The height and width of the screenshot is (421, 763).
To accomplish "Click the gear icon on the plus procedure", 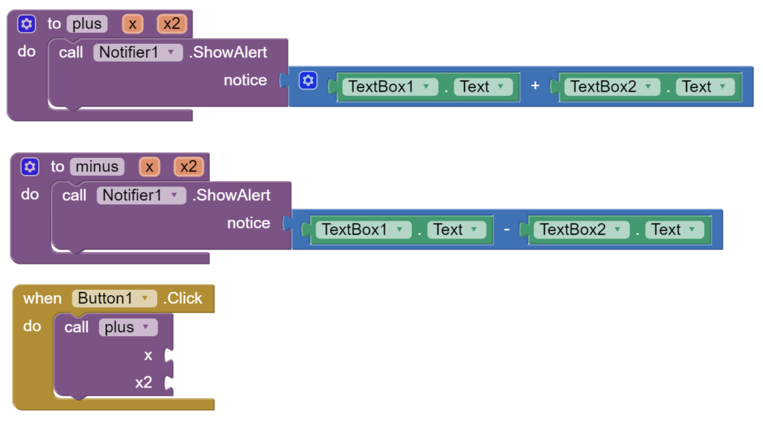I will pyautogui.click(x=27, y=24).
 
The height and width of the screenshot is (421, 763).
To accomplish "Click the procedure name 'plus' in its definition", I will pyautogui.click(x=86, y=24).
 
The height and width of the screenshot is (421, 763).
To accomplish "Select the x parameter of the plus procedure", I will pyautogui.click(x=133, y=24).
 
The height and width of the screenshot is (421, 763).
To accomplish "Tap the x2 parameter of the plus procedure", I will pyautogui.click(x=171, y=24).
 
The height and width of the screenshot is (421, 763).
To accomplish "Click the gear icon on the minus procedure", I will pyautogui.click(x=30, y=167).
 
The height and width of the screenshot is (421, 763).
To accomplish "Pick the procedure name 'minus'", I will pyautogui.click(x=97, y=167).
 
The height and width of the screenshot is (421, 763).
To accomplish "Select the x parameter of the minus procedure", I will pyautogui.click(x=149, y=167).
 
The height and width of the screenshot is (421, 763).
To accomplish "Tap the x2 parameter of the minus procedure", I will pyautogui.click(x=189, y=167).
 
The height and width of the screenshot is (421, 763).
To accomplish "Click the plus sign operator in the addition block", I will pyautogui.click(x=535, y=86).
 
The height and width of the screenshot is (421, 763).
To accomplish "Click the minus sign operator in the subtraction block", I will pyautogui.click(x=507, y=230).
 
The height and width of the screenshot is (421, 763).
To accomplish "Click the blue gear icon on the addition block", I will pyautogui.click(x=308, y=80).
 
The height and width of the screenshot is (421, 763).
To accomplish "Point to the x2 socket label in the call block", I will pyautogui.click(x=143, y=383).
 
